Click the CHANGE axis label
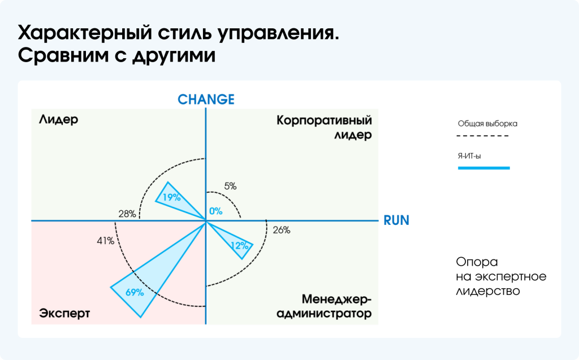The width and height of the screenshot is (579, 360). (206, 99)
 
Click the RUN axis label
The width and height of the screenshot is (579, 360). (396, 220)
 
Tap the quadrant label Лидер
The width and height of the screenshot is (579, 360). (58, 120)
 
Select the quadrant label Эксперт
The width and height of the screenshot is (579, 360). (64, 313)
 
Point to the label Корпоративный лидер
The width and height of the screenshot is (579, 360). (324, 127)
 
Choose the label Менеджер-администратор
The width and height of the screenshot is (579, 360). (324, 306)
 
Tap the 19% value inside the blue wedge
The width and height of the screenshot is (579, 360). (171, 197)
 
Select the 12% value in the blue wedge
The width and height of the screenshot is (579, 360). (239, 246)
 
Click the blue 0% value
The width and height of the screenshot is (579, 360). (216, 211)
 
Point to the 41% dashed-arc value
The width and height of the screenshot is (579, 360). (105, 241)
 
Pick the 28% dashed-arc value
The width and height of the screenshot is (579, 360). (127, 214)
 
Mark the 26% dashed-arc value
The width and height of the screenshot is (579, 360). (281, 230)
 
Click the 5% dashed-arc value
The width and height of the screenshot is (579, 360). (230, 185)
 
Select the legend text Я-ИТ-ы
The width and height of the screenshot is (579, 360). (469, 156)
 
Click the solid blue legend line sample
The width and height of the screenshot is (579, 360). (483, 168)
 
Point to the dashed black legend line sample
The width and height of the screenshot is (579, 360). (483, 136)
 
